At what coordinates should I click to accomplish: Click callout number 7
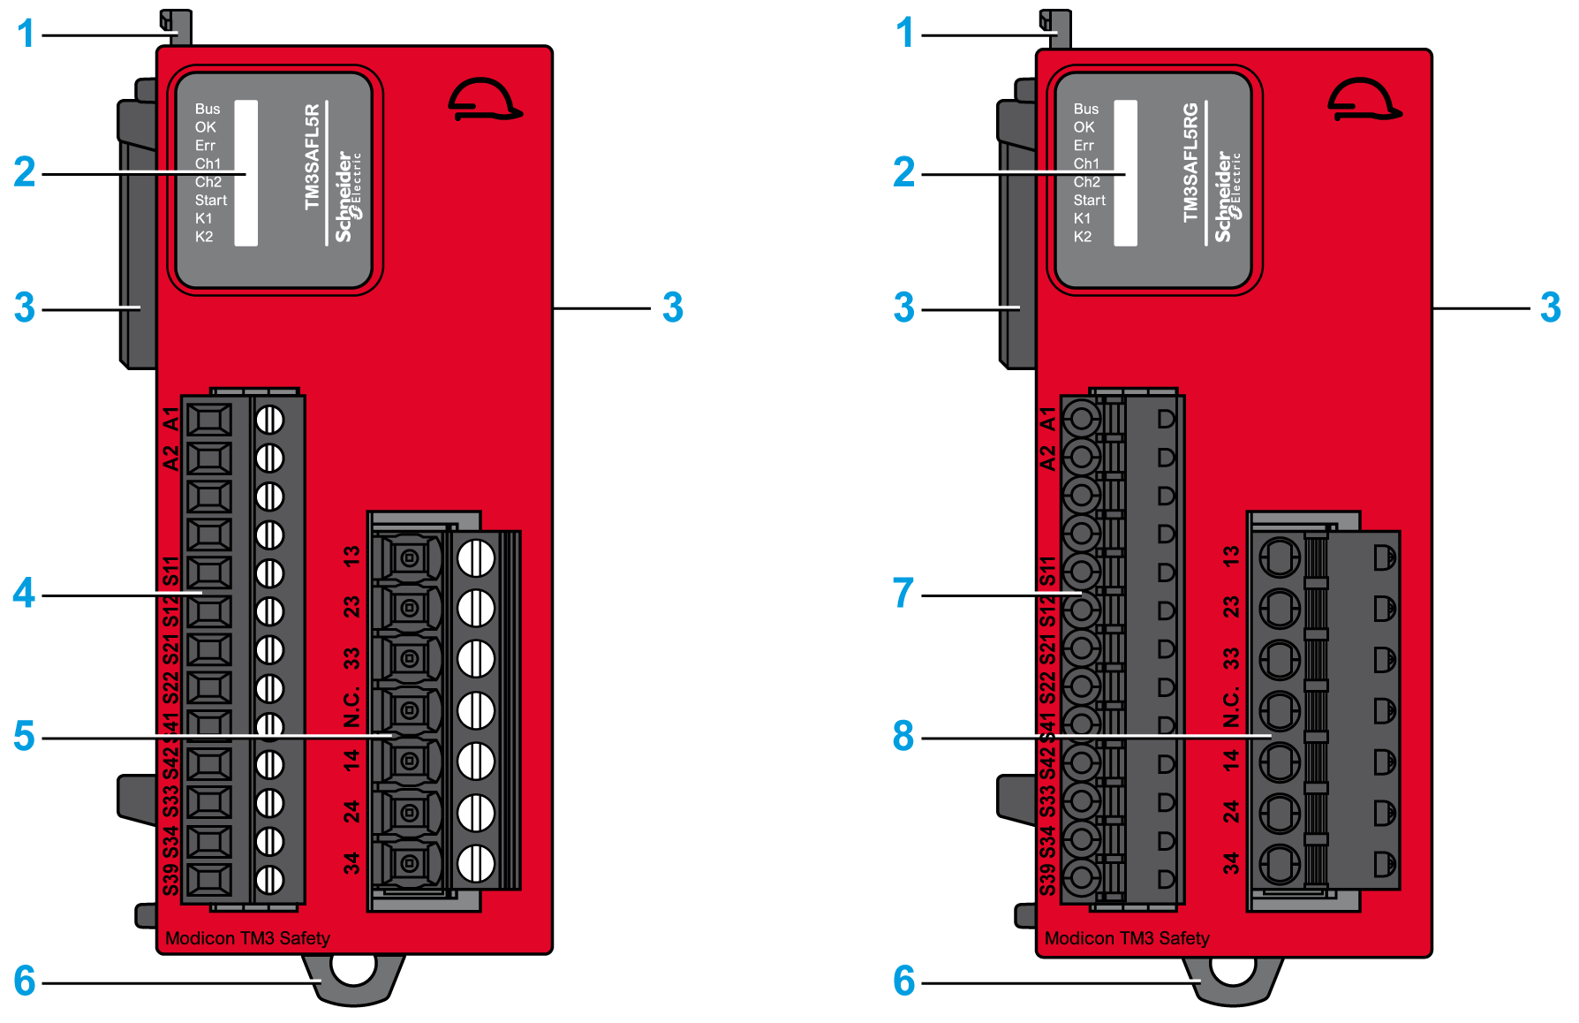coord(903,593)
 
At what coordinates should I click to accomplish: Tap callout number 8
coord(903,736)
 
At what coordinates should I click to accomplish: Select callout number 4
coord(24,593)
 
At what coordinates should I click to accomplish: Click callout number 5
coord(24,736)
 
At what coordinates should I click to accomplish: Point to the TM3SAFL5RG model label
coord(1190,163)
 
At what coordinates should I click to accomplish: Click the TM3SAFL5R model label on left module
coord(312,157)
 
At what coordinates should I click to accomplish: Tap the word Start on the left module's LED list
coord(211,201)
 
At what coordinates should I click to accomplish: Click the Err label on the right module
coord(1084,146)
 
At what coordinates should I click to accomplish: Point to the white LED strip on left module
coord(246,172)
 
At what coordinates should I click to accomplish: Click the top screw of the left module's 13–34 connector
coord(476,557)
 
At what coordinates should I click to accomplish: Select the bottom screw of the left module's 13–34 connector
coord(476,863)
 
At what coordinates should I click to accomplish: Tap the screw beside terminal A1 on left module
coord(269,420)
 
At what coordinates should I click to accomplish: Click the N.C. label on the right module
coord(1231,707)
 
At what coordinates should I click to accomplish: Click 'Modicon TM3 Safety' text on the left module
coord(247,938)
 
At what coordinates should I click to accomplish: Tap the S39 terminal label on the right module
coord(1047,880)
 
